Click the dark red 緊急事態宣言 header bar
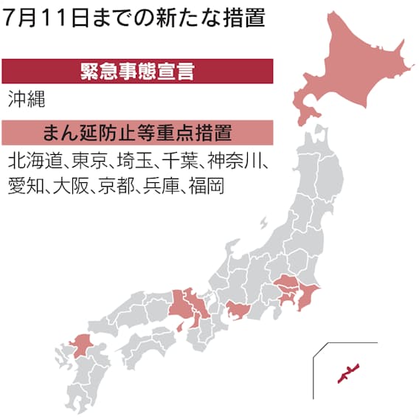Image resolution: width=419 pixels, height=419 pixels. pos(136,72)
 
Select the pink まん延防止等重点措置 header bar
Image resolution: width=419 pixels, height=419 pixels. pos(136,133)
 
